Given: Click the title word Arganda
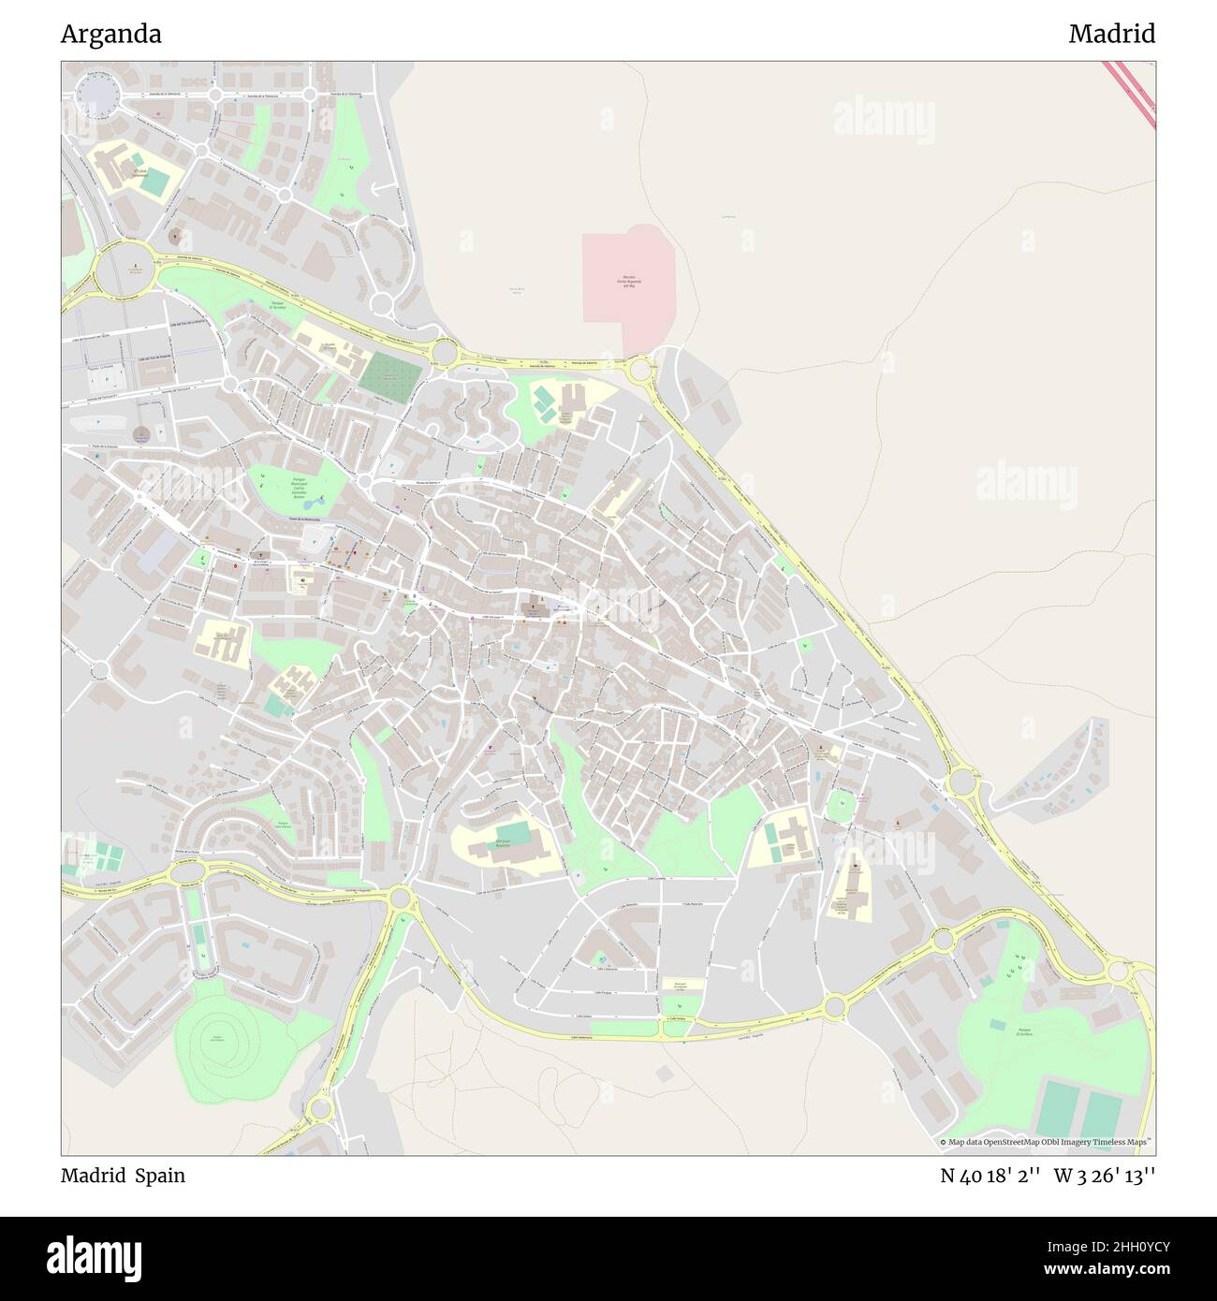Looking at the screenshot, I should point(111,35).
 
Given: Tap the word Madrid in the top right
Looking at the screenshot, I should point(1111,35).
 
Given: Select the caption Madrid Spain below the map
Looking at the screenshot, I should point(123,1176).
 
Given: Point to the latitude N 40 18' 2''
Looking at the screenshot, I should point(990,1176).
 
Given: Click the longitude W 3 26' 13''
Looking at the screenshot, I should point(1105,1176).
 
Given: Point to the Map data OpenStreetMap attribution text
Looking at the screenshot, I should point(1046,1142).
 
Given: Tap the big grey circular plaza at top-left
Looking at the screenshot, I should point(95,95).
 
